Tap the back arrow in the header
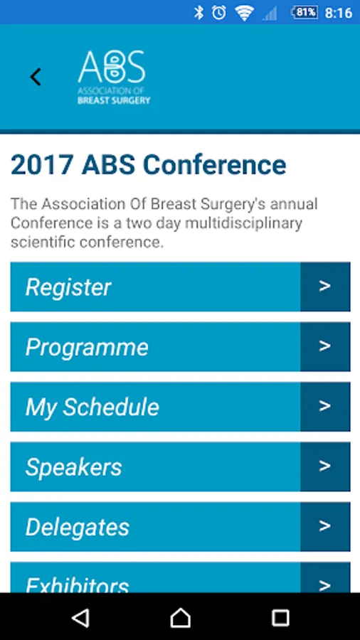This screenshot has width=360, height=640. [x=36, y=77]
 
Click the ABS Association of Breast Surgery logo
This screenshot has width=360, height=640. [x=114, y=77]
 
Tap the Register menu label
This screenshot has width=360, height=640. [x=68, y=287]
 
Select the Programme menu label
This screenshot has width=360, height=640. [x=87, y=347]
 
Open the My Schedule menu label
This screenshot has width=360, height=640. [x=92, y=407]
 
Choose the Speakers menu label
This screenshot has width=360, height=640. [x=73, y=467]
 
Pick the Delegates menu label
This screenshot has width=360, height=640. [x=78, y=528]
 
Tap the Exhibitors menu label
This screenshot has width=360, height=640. [x=77, y=585]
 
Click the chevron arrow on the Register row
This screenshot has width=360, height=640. [x=325, y=286]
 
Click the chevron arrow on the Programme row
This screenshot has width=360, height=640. [x=325, y=346]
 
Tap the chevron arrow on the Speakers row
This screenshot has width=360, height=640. [x=325, y=466]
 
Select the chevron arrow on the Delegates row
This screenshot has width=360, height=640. [x=325, y=526]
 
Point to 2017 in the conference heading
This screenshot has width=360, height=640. [x=42, y=165]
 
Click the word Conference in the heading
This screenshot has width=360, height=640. [x=214, y=165]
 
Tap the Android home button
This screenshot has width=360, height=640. [x=180, y=617]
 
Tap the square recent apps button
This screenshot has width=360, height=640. [x=280, y=617]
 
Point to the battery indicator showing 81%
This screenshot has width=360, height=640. [x=304, y=13]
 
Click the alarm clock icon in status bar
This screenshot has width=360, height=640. [x=219, y=13]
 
